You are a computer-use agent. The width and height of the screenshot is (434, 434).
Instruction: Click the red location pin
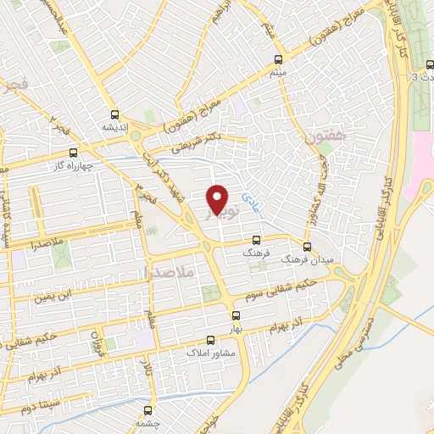coord(217,199)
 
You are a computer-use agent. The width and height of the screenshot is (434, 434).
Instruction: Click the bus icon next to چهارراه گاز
coord(73,153)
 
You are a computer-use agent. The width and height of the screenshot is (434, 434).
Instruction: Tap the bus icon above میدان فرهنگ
coord(307,247)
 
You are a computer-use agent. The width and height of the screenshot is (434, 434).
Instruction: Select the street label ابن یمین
coord(55,296)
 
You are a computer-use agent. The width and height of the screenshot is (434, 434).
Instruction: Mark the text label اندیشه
coord(114,128)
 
